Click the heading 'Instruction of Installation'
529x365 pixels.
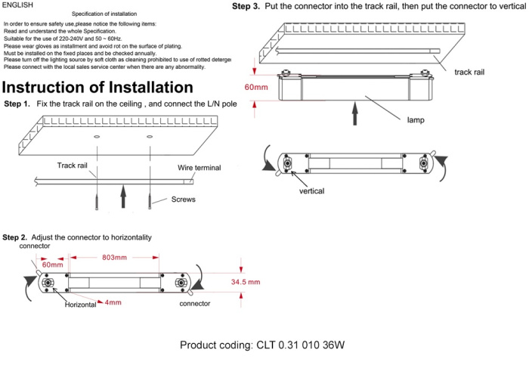pos(98,87)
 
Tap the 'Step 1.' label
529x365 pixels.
pos(17,104)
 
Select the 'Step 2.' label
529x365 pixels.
pos(15,237)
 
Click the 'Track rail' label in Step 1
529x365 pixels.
pos(74,165)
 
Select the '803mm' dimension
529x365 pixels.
pos(113,258)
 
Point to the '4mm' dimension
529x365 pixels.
pos(113,302)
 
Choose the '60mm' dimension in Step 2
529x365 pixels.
pos(52,264)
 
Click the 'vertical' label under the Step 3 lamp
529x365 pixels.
pos(311,191)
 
